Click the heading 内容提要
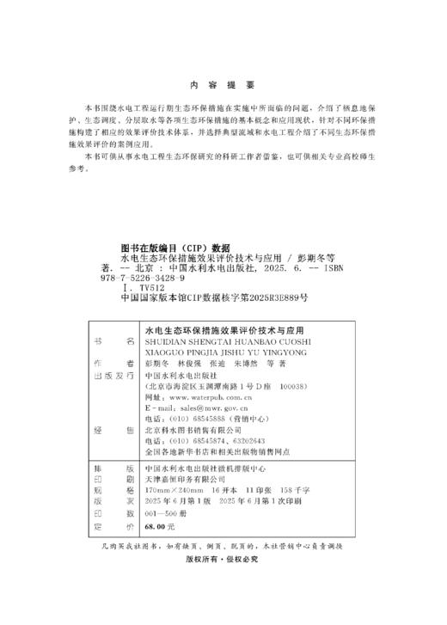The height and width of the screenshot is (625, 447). pyautogui.click(x=223, y=86)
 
